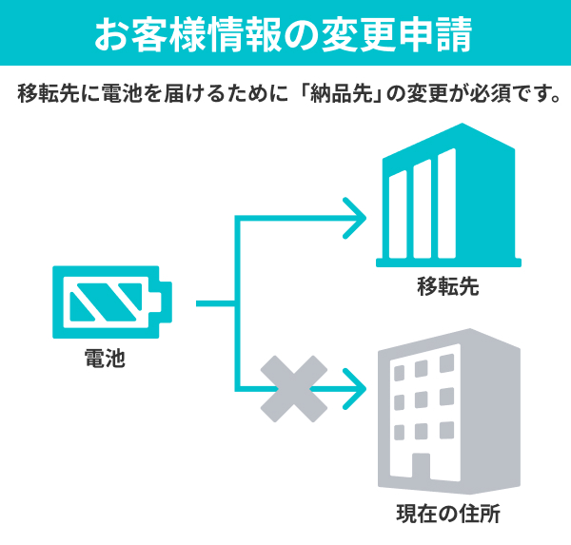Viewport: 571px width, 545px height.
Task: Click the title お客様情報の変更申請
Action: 284,34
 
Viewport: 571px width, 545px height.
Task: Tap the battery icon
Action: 112,302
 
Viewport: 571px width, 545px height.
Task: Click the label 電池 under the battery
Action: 105,359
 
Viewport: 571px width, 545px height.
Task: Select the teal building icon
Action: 448,195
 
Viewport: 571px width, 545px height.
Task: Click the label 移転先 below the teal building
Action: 448,286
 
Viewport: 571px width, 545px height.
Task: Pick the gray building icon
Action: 449,412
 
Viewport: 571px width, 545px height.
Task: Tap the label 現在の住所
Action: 448,514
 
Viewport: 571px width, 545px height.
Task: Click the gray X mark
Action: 294,389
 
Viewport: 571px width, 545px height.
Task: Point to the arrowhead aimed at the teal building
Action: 355,219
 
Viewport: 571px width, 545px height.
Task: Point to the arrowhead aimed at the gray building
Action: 355,389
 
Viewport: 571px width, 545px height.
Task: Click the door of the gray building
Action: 421,466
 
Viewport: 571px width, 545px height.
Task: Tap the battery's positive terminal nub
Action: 166,302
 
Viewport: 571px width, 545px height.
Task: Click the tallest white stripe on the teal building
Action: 446,204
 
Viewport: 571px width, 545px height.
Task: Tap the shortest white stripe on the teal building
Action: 398,214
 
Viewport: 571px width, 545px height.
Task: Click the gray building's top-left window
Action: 400,373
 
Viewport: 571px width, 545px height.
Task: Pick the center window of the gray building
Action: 422,399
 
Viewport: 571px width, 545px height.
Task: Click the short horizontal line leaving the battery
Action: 216,303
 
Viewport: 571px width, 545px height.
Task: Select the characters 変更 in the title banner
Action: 359,34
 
